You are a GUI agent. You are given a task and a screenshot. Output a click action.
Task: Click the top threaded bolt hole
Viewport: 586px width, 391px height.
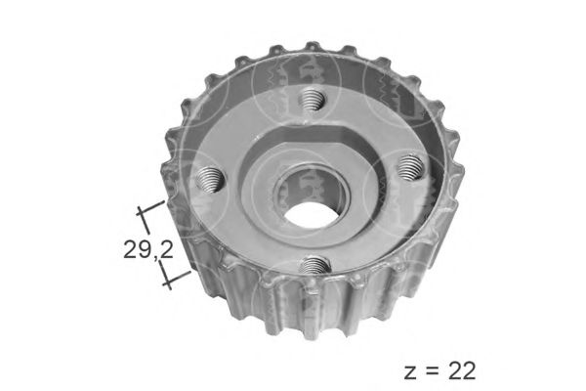312,100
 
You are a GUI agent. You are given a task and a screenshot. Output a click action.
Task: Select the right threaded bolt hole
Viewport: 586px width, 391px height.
411,165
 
